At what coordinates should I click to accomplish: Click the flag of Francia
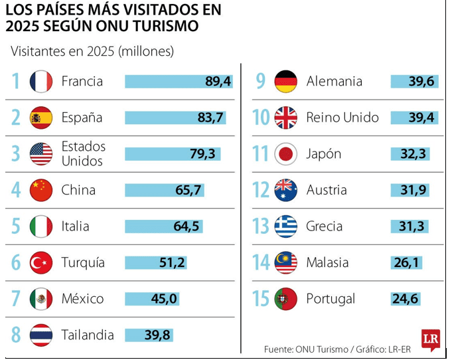pos(40,82)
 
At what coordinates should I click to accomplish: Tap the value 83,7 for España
pos(211,118)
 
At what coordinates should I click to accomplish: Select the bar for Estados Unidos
pos(173,154)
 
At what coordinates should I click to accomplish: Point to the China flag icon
pos(40,191)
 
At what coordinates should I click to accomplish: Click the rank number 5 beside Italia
pos(16,226)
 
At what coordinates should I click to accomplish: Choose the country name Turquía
pos(83,262)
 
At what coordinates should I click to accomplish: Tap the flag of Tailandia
pos(40,335)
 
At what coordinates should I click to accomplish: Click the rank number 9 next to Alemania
pos(261,82)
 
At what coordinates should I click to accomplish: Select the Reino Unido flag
pos(286,118)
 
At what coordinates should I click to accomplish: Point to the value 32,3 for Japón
pos(414,154)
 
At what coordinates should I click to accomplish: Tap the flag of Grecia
pos(286,226)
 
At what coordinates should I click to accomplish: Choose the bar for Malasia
pos(406,262)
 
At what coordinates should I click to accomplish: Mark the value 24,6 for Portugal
pos(406,299)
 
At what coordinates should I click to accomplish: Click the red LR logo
pos(430,339)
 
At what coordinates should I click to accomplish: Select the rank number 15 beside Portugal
pos(261,299)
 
